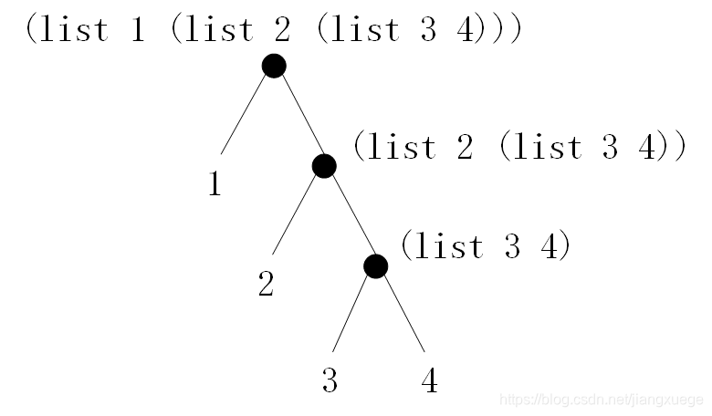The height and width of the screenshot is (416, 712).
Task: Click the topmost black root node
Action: point(274,66)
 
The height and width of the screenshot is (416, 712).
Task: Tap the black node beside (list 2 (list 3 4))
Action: point(324,166)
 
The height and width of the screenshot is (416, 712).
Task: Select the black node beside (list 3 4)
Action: point(375,266)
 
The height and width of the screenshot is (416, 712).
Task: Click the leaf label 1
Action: point(215,185)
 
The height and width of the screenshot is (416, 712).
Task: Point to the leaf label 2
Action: point(266,285)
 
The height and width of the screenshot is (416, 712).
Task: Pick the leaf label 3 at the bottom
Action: point(330,380)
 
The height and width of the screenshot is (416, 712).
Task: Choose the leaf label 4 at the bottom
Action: point(429,380)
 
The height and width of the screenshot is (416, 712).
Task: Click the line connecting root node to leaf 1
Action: point(245,114)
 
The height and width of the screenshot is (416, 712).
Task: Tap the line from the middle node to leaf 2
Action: point(297,213)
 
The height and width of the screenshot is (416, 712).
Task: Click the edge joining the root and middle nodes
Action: point(299,117)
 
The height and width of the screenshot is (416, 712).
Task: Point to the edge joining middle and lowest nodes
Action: point(351,217)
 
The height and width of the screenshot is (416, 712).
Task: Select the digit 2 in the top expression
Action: point(284,30)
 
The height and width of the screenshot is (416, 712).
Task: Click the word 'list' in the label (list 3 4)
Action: point(446,246)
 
